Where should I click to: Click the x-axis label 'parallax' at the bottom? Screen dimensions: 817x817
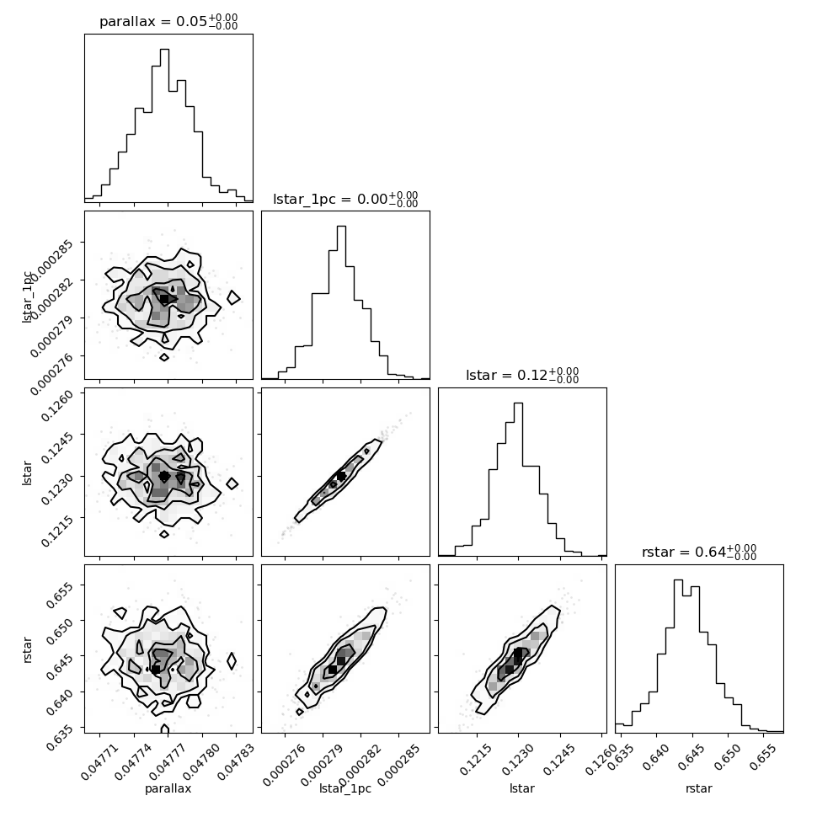[x=168, y=788]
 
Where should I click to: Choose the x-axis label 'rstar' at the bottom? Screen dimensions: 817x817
[x=699, y=788]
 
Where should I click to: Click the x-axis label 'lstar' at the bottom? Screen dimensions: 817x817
[x=522, y=788]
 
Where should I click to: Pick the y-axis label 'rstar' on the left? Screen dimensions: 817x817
[x=28, y=649]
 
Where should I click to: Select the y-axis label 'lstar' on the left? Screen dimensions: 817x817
[x=27, y=473]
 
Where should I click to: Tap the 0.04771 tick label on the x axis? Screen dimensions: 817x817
[x=100, y=761]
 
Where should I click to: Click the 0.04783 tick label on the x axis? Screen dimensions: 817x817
[x=236, y=761]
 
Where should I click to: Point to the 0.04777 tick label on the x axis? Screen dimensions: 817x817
[x=168, y=761]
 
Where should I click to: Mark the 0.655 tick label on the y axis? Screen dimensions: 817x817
[x=60, y=594]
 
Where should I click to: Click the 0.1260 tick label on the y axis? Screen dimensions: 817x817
[x=56, y=406]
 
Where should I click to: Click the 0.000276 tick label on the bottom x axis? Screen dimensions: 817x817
[x=284, y=765]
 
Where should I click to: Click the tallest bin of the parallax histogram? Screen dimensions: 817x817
[x=164, y=125]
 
